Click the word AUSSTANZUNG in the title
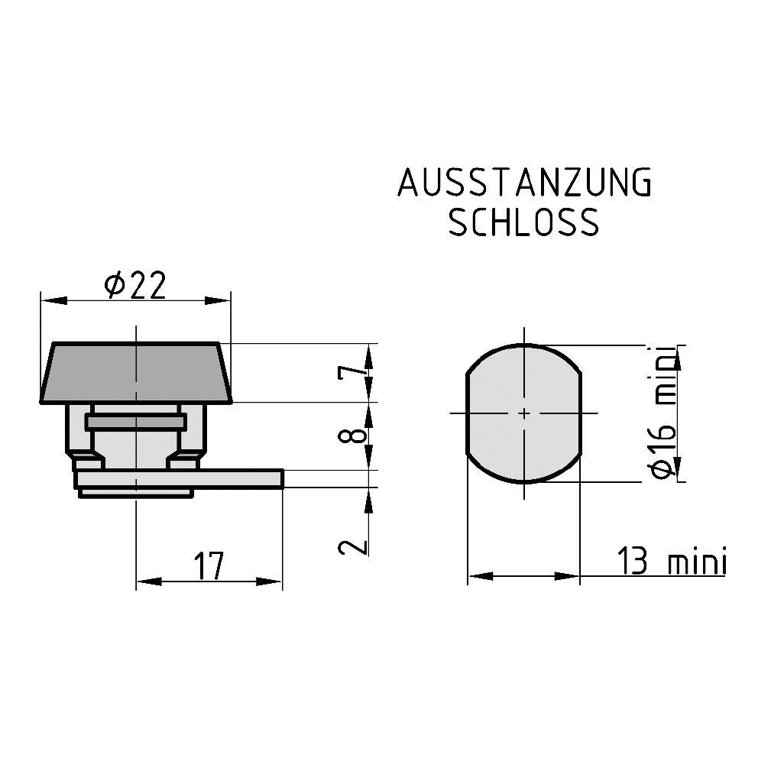(x=524, y=183)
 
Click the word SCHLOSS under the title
(x=524, y=222)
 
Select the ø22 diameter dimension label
(x=136, y=286)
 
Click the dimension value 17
(x=208, y=566)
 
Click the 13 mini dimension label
(x=672, y=562)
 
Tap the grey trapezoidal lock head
(x=136, y=372)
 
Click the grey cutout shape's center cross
(x=524, y=413)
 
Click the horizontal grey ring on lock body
(x=136, y=422)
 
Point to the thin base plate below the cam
(x=136, y=494)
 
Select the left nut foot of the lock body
(x=86, y=462)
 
